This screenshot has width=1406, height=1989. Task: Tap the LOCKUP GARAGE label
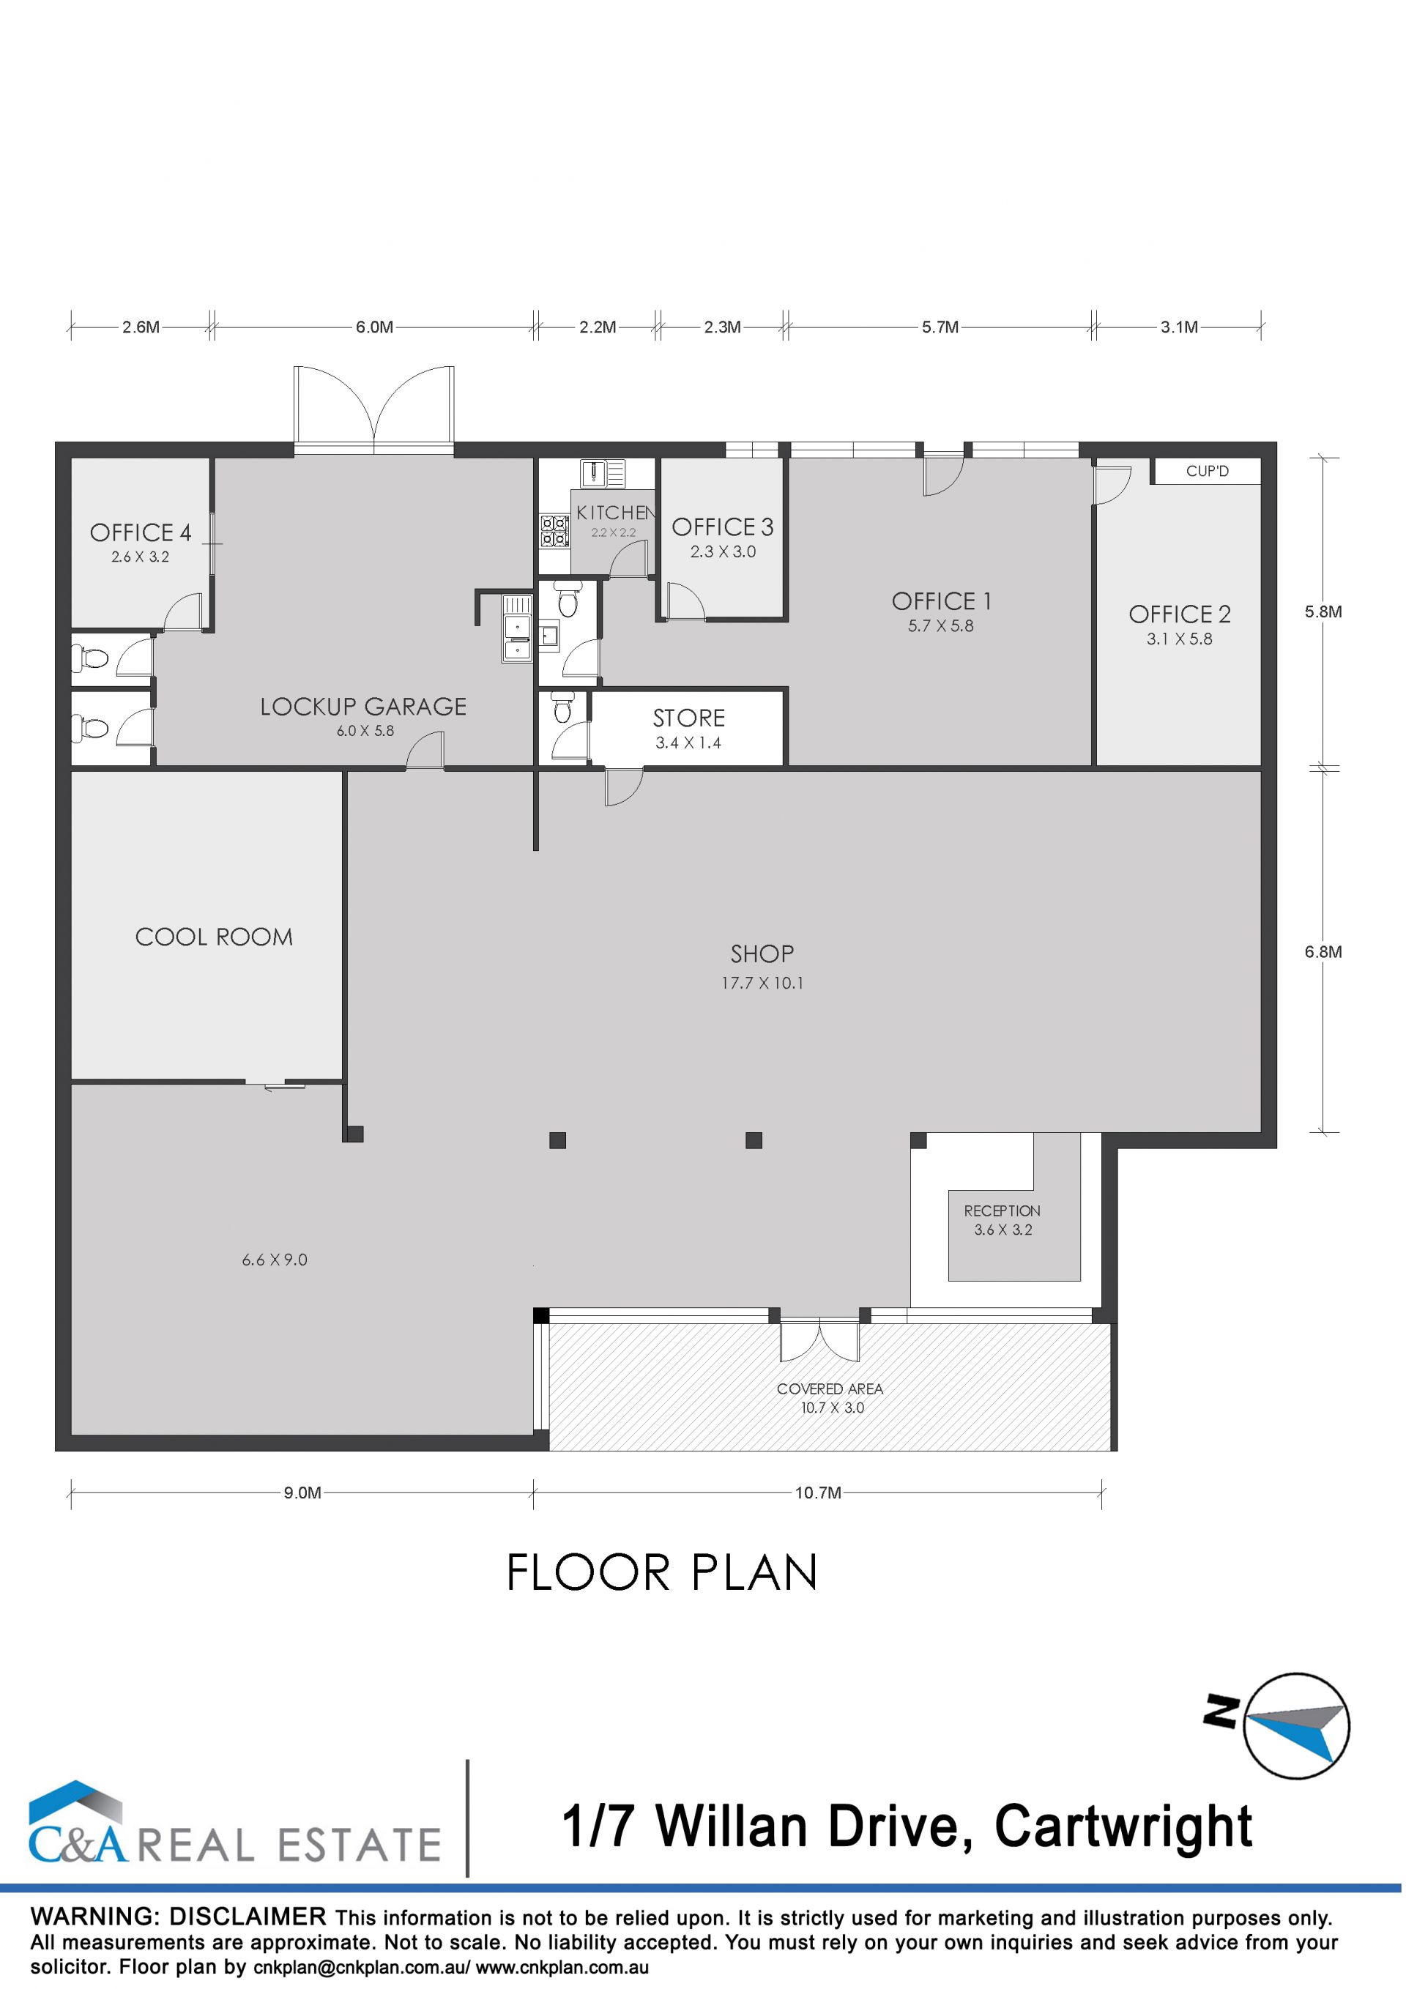tap(363, 707)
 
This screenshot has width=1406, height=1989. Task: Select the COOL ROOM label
tap(214, 937)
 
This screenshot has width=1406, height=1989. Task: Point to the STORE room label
tap(688, 718)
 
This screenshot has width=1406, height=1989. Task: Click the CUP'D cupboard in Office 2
tap(1206, 472)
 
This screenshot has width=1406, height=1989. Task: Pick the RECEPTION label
tap(1003, 1211)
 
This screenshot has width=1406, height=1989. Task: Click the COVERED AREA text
tap(830, 1388)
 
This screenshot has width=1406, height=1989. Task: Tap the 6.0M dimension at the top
tap(374, 327)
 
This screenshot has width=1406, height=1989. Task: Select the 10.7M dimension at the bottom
tap(818, 1492)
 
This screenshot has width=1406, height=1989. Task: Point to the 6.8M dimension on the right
tap(1323, 951)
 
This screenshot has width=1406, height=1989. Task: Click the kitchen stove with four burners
tap(554, 530)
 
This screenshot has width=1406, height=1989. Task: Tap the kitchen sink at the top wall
tap(603, 473)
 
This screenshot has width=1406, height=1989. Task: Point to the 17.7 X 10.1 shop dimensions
tap(762, 984)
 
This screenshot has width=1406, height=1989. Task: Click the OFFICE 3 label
tap(723, 527)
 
